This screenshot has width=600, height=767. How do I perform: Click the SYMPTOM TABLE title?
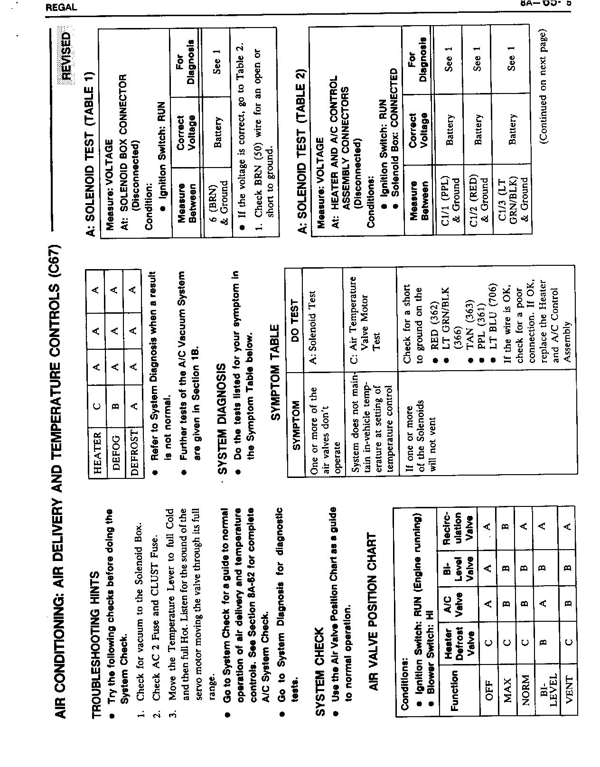pos(275,372)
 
